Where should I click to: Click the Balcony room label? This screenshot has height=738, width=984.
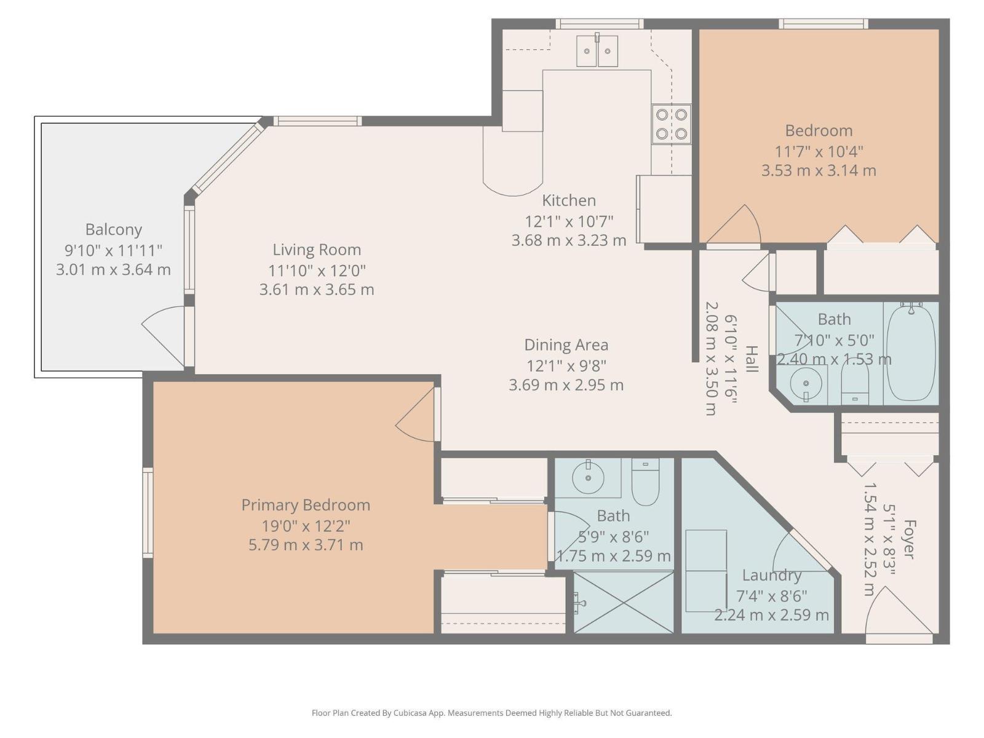[x=113, y=229]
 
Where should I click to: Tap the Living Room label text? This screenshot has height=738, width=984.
[x=317, y=250]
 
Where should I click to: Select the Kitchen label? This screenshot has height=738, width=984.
[x=569, y=200]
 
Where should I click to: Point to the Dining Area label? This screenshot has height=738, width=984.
[x=566, y=345]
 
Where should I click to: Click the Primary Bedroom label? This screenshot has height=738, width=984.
[x=306, y=505]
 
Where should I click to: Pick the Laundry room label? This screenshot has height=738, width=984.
[x=771, y=576]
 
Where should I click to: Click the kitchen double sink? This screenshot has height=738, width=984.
[x=597, y=50]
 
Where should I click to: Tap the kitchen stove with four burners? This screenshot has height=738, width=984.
[x=671, y=124]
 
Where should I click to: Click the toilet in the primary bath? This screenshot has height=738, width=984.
[x=646, y=482]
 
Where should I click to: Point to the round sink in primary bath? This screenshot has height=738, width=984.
[x=588, y=478]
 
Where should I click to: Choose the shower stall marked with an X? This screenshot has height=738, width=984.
[x=624, y=602]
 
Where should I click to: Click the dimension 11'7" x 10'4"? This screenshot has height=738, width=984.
[x=819, y=152]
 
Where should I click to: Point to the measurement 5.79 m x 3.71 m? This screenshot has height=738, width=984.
[x=306, y=546]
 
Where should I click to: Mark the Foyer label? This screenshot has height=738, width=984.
[x=909, y=539]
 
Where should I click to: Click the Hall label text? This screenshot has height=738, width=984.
[x=752, y=359]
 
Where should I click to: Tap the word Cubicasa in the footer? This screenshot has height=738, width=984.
[x=410, y=713]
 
